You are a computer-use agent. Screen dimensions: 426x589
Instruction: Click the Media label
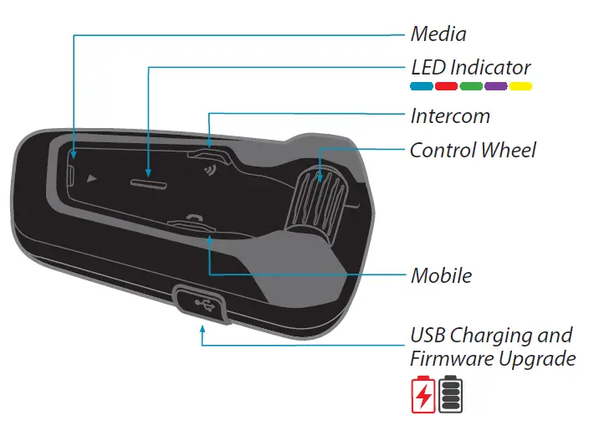438,34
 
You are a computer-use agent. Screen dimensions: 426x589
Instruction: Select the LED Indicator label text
470,67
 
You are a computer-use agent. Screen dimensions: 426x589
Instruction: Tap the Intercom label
450,115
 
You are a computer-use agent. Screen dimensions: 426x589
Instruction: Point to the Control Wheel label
473,151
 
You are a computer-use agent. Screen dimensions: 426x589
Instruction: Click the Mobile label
441,275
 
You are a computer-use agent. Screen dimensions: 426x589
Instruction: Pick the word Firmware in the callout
449,359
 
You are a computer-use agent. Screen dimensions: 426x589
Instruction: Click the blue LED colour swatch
421,86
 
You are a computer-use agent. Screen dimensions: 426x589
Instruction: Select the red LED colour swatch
446,86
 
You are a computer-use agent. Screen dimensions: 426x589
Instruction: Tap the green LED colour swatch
471,86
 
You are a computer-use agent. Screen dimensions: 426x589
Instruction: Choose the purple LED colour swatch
496,86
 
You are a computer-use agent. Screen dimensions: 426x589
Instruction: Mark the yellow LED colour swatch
521,86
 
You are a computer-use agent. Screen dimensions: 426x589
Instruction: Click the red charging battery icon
423,394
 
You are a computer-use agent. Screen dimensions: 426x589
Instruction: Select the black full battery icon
451,394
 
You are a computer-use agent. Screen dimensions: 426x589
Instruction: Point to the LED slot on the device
147,182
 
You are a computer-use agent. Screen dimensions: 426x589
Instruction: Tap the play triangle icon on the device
91,178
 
